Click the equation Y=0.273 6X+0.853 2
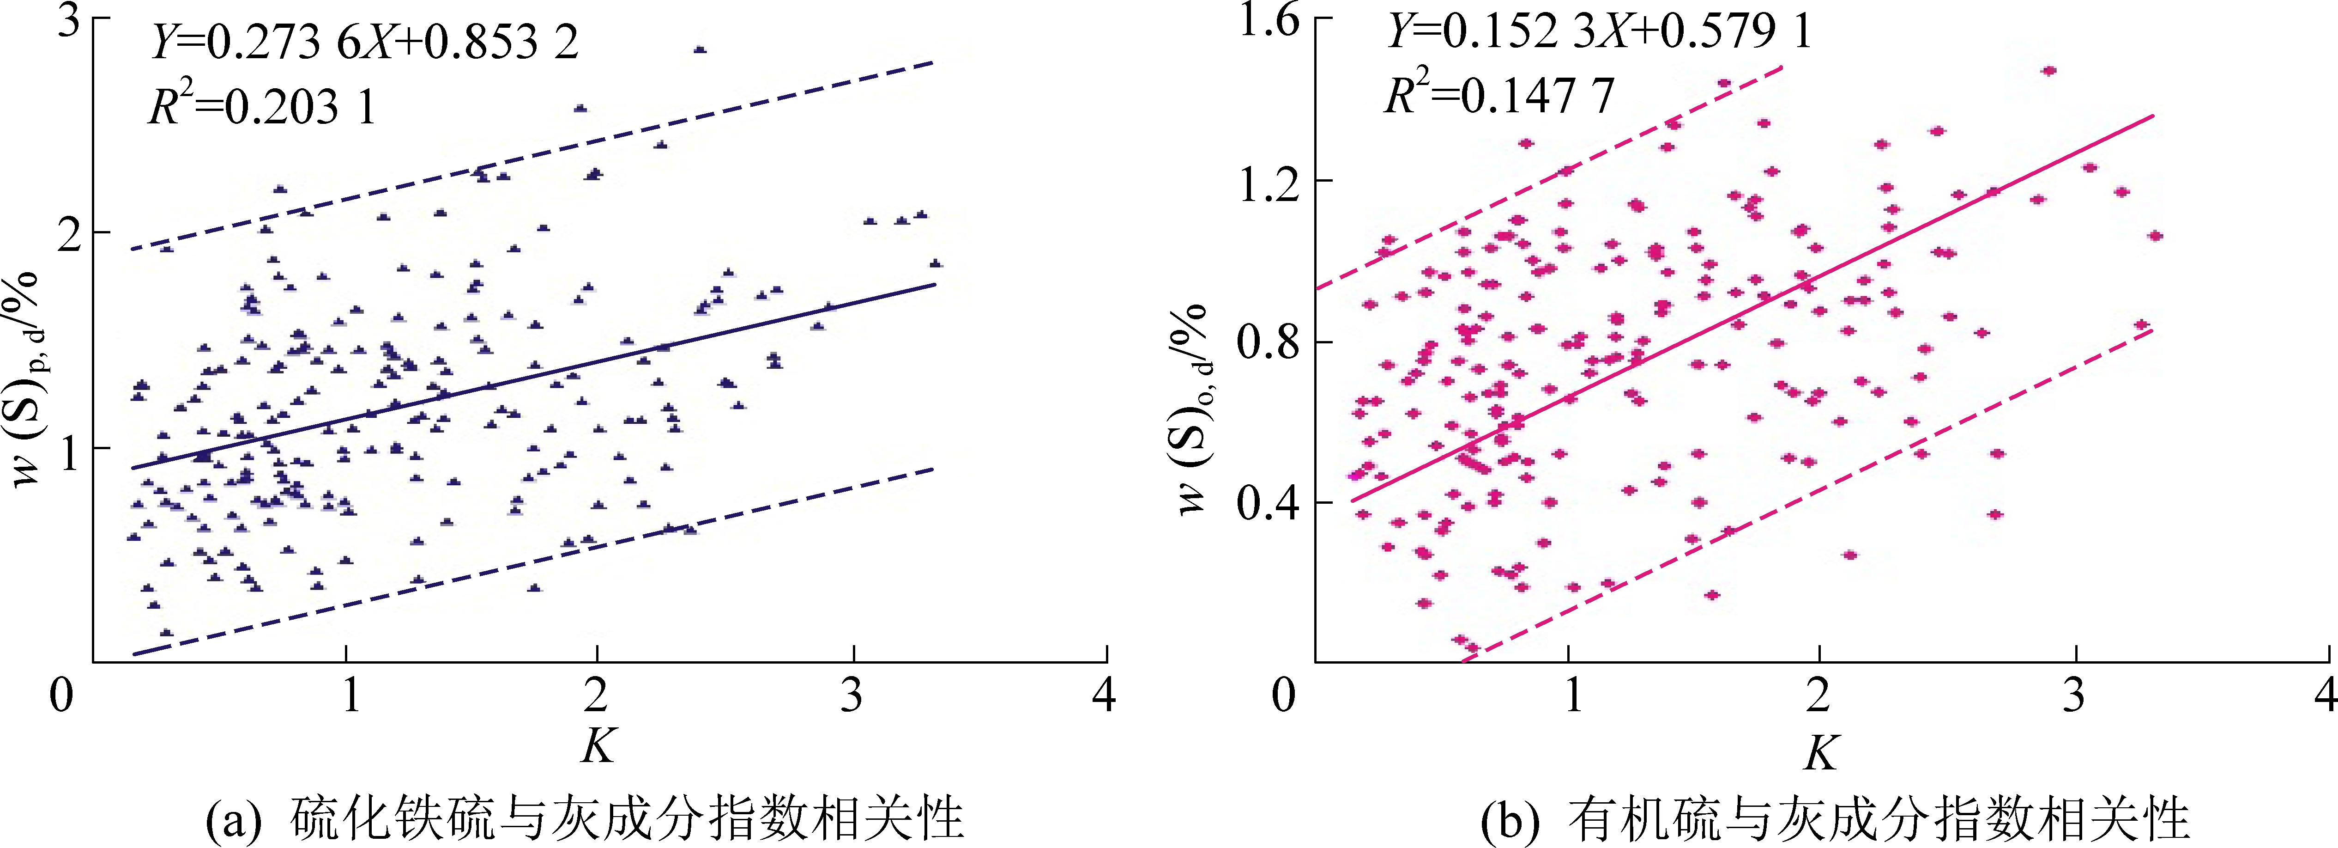pyautogui.click(x=363, y=43)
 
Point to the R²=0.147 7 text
pyautogui.click(x=1499, y=94)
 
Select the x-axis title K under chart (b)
pyautogui.click(x=1821, y=752)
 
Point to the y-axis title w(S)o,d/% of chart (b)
pyautogui.click(x=1195, y=409)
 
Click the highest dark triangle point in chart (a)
pyautogui.click(x=699, y=50)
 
